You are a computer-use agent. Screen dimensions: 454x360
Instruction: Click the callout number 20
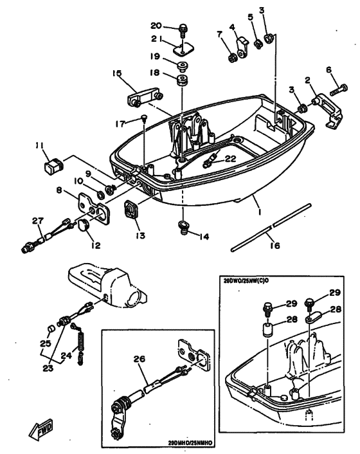tap(156, 26)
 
